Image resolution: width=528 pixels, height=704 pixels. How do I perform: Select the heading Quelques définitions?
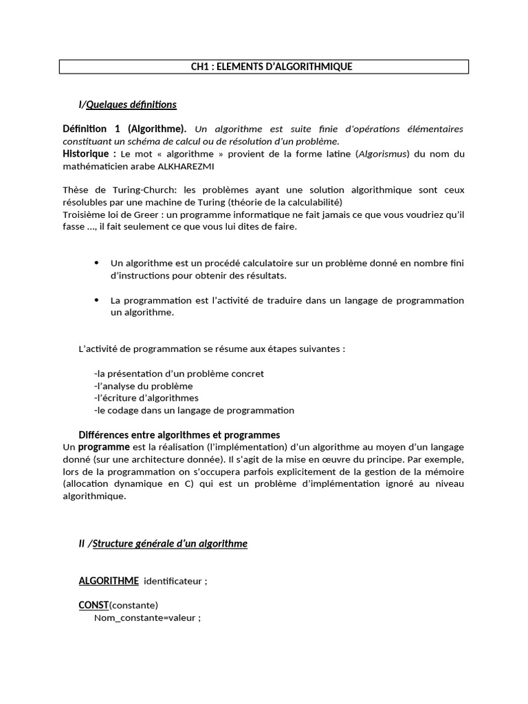(131, 104)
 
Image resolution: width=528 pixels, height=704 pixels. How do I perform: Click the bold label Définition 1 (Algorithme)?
(124, 129)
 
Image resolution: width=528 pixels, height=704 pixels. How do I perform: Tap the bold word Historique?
(87, 153)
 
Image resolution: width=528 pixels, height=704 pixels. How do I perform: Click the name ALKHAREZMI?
(190, 166)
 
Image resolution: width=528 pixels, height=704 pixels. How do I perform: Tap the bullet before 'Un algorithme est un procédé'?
(96, 263)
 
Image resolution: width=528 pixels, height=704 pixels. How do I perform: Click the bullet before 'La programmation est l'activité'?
(96, 300)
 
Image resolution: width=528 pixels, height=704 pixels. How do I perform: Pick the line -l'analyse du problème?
(143, 386)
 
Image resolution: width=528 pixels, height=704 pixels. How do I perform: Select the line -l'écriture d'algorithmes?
(146, 398)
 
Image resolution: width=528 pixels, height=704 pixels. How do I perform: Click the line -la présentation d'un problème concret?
(179, 373)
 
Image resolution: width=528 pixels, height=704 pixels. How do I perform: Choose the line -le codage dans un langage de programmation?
(194, 410)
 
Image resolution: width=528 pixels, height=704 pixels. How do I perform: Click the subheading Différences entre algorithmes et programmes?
(179, 435)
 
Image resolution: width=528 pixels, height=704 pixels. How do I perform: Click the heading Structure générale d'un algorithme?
(170, 544)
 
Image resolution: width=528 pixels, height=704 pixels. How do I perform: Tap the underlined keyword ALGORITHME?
(109, 581)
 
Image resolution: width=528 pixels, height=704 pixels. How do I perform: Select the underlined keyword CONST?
(93, 605)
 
